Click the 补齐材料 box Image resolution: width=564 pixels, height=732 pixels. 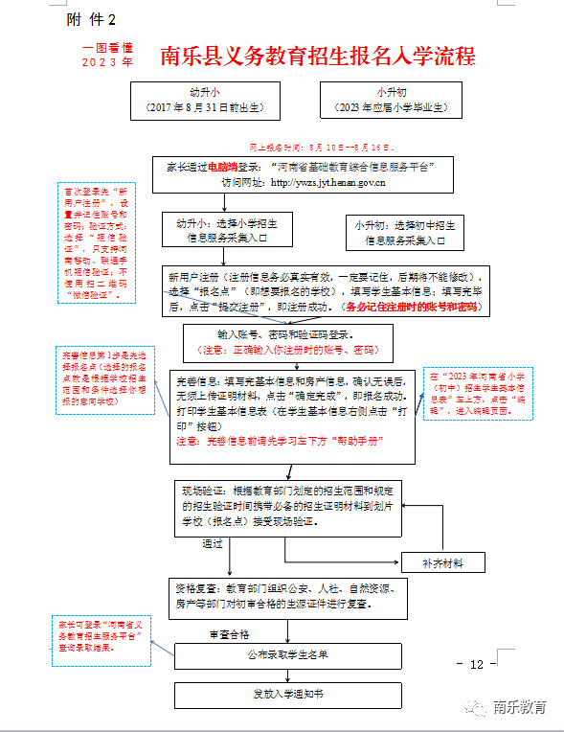pos(444,561)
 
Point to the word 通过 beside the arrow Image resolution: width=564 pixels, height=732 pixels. pos(213,543)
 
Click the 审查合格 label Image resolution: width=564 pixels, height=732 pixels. pos(230,634)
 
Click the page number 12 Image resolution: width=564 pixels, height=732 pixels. pos(477,665)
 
